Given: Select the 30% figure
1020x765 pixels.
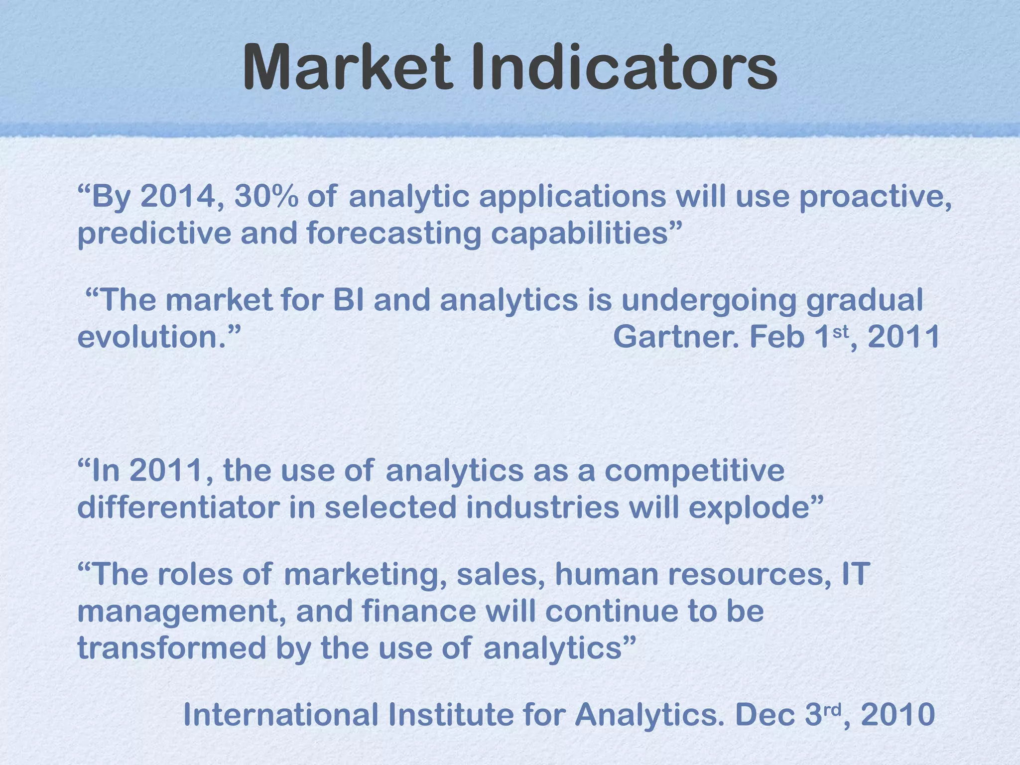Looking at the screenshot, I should (266, 196).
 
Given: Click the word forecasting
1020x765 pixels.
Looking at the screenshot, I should (393, 233).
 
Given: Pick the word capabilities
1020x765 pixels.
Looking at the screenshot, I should (585, 233).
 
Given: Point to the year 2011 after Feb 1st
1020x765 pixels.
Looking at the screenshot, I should (903, 337).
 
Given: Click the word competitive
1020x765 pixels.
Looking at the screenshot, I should (694, 471).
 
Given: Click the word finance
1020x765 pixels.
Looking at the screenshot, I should (419, 611).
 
